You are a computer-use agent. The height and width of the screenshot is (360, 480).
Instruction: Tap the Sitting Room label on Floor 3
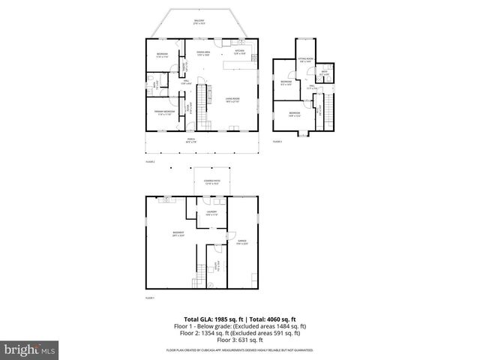pos(305,60)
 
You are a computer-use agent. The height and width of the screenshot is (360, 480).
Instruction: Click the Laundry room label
pos(211,214)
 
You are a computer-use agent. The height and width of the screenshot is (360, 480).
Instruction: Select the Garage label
pos(242,242)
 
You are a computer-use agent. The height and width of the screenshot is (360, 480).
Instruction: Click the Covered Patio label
pos(211,181)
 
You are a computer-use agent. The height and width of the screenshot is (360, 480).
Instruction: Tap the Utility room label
pos(214,265)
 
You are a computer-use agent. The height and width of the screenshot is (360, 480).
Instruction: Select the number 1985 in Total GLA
pos(216,319)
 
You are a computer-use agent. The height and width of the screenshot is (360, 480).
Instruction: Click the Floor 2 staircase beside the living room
pos(201,97)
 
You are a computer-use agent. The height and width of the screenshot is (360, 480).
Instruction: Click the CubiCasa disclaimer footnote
pos(239,349)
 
